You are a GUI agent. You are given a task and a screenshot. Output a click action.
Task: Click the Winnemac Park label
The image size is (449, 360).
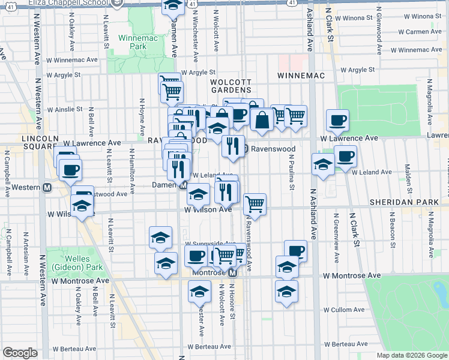[138, 41]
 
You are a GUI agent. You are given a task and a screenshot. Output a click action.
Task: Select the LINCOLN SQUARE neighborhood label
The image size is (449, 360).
[40, 143]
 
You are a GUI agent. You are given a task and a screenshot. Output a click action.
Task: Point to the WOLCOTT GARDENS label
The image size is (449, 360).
[230, 86]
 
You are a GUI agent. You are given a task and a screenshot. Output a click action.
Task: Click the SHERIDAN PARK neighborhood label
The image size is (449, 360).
[404, 203]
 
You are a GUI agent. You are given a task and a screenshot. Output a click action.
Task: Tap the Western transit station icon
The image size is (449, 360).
[47, 187]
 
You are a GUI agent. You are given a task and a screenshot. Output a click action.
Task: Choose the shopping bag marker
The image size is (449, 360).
[262, 121]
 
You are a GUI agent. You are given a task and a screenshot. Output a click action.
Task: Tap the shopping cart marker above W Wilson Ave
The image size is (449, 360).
[255, 204]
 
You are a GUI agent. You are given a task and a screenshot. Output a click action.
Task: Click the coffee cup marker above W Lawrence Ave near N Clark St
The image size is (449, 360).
[338, 121]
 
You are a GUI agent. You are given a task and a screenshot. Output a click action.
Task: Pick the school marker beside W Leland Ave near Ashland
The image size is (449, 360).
[323, 164]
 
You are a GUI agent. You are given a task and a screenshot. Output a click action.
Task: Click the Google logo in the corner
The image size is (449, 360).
[19, 353]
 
